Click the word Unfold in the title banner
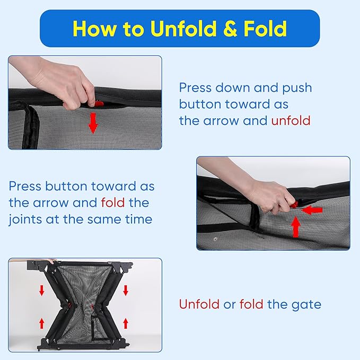(x=183, y=29)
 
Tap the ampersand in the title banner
(x=230, y=29)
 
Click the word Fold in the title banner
(x=265, y=29)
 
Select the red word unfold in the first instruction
(x=291, y=120)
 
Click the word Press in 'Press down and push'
(x=195, y=87)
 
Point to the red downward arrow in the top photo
(x=93, y=123)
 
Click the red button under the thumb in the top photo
(x=99, y=103)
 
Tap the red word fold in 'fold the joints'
(x=113, y=203)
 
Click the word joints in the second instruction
(x=25, y=219)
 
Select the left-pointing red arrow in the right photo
(x=312, y=210)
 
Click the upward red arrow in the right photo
(x=296, y=227)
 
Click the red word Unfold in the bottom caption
(x=199, y=304)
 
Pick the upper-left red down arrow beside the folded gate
(x=41, y=290)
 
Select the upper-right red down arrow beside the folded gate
(x=125, y=290)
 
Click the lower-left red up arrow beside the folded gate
(x=41, y=323)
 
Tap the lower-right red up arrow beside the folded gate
(x=125, y=323)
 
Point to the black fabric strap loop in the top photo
(x=31, y=127)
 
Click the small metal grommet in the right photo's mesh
(x=215, y=239)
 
